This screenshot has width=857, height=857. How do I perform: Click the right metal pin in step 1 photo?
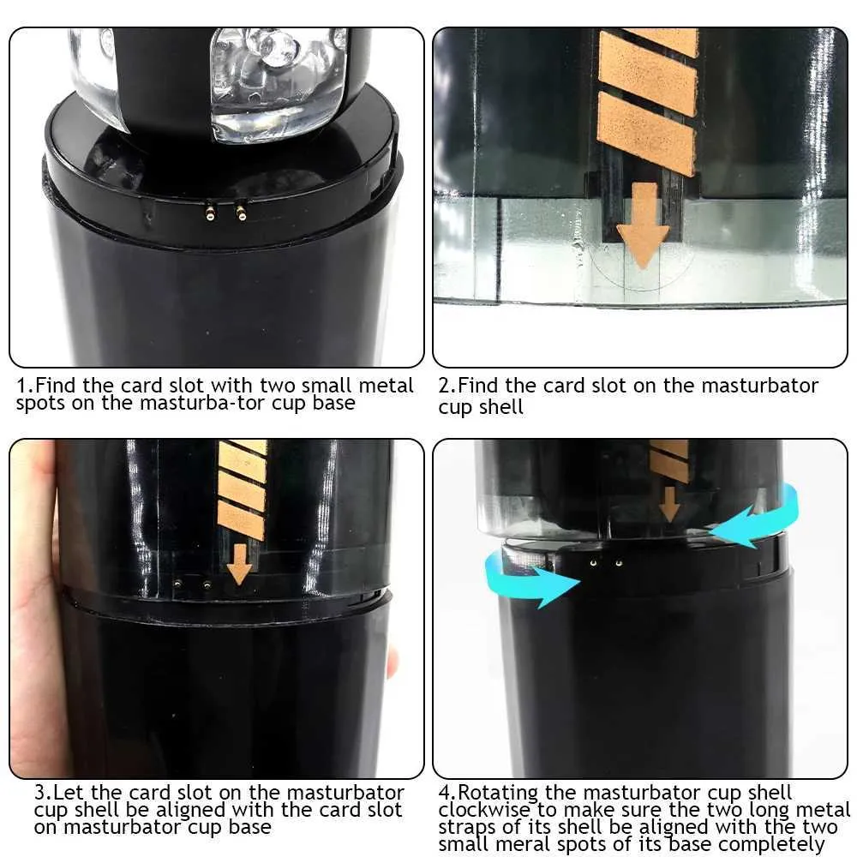(241, 212)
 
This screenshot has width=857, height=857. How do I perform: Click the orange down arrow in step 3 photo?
(239, 564)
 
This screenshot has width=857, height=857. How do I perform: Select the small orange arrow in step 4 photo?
(669, 504)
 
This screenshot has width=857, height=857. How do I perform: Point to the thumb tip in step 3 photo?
(392, 662)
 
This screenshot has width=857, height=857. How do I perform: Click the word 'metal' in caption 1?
(386, 386)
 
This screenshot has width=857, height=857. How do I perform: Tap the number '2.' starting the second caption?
(446, 386)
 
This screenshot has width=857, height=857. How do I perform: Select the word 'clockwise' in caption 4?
(483, 810)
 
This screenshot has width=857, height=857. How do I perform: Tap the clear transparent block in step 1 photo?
(279, 85)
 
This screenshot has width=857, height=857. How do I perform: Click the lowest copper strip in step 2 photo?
(646, 134)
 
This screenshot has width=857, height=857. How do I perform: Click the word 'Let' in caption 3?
(69, 793)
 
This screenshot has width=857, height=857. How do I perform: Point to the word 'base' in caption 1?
(334, 403)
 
